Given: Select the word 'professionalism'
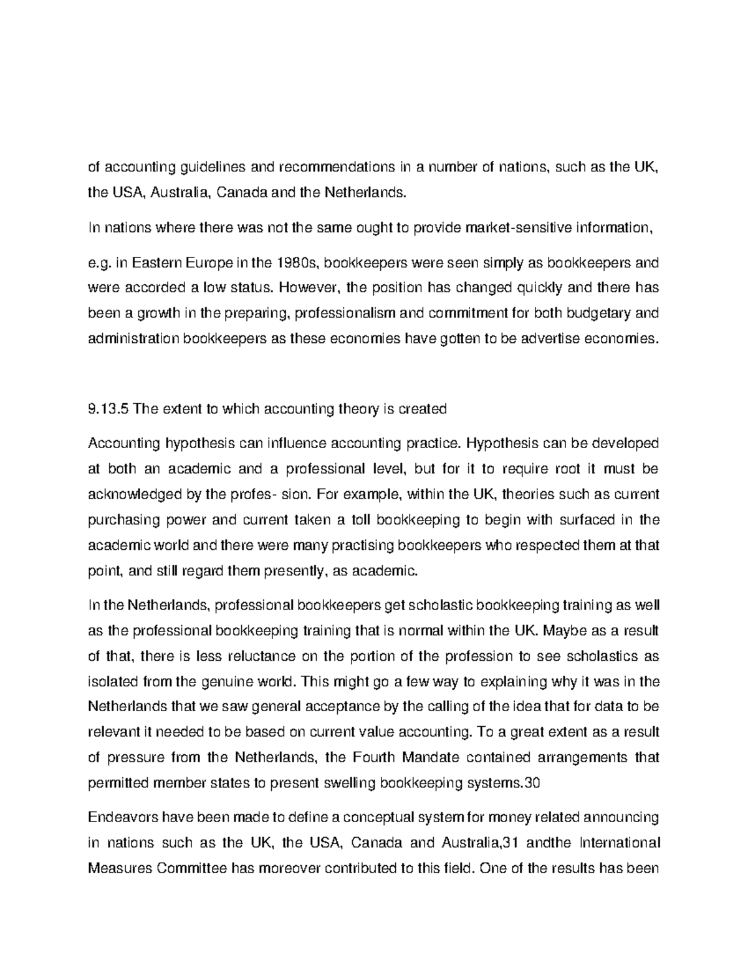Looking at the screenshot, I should [343, 314].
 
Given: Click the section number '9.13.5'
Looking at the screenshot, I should [108, 409].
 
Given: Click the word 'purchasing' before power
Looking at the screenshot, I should [118, 520].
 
